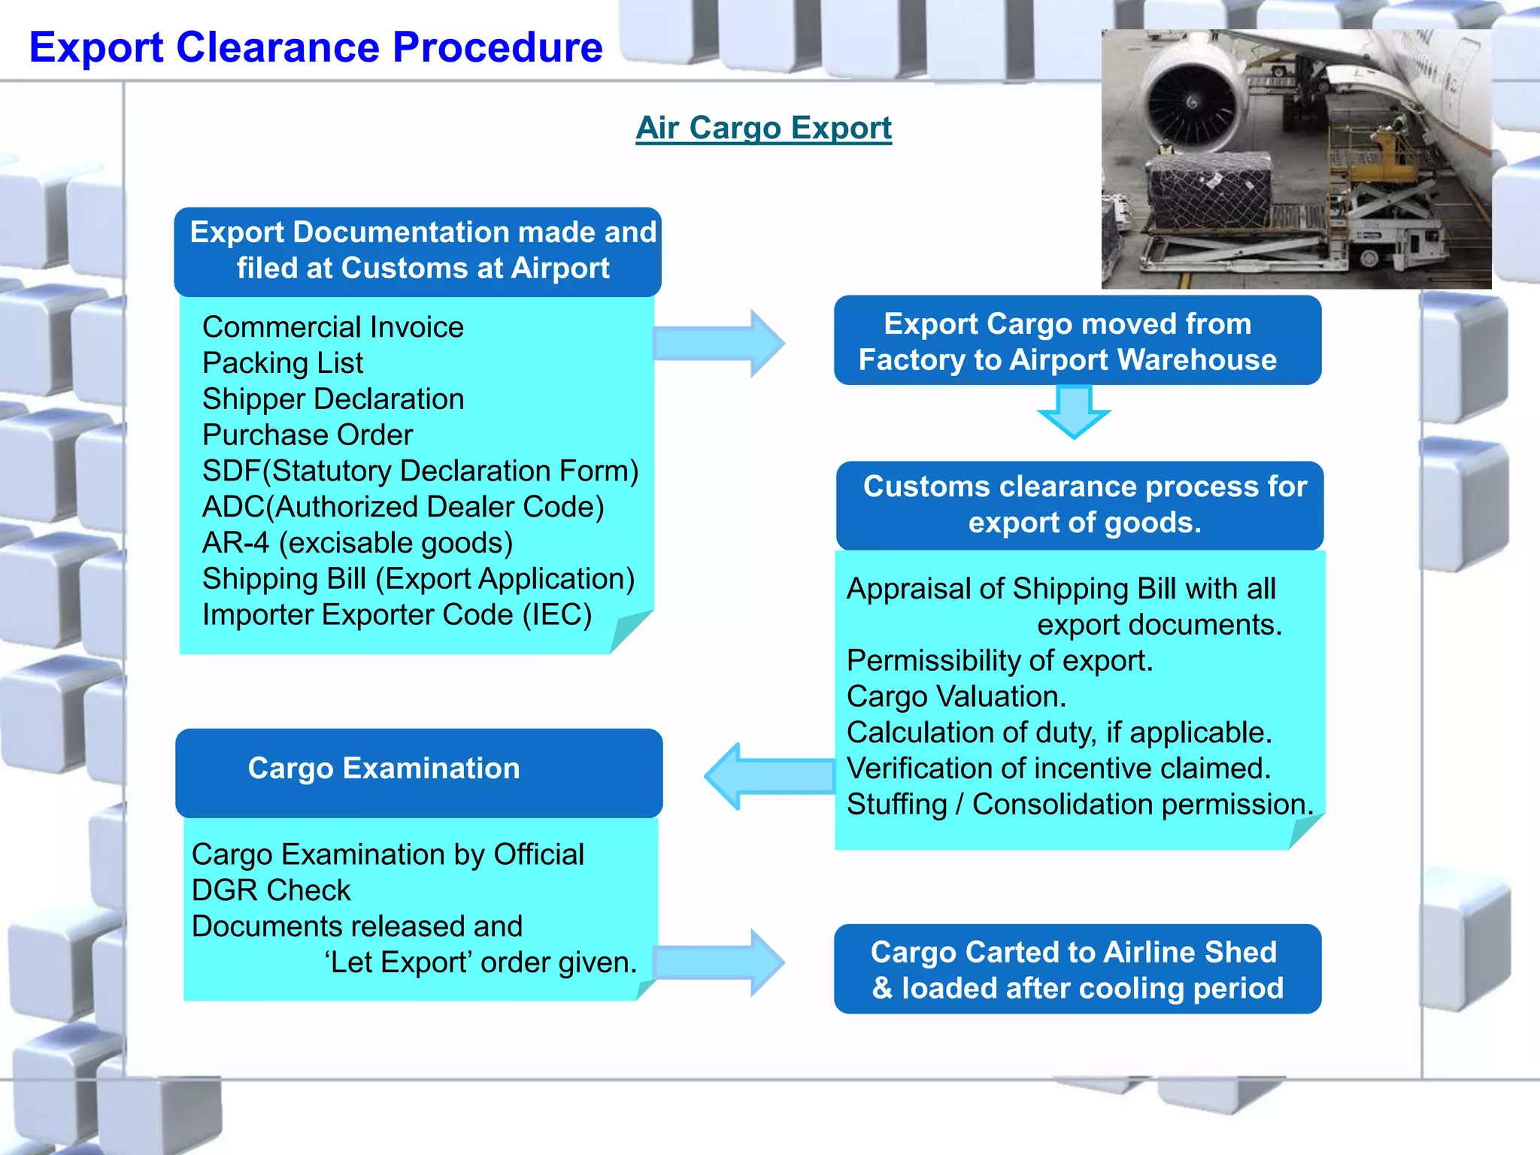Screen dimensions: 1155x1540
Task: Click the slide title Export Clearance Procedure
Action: click(x=316, y=47)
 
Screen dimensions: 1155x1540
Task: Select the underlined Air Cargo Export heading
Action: click(x=763, y=128)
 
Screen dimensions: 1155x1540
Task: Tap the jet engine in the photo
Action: click(x=1192, y=102)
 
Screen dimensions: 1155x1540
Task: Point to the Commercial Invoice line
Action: click(x=333, y=327)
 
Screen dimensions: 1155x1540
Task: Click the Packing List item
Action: click(x=283, y=363)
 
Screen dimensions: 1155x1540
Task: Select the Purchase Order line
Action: click(x=308, y=435)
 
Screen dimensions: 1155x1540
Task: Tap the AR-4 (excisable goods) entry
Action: click(x=357, y=543)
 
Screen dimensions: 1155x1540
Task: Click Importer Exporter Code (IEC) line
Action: click(x=397, y=615)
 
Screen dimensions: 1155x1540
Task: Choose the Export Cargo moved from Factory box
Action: click(x=1077, y=341)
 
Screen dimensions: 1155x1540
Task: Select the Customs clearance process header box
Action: click(x=1080, y=505)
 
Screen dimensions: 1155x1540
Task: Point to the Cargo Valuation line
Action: click(x=956, y=697)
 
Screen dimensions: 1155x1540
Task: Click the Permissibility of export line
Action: click(x=999, y=661)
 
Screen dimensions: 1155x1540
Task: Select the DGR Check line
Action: click(x=271, y=891)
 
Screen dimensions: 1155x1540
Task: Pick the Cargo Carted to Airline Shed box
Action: click(x=1077, y=969)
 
